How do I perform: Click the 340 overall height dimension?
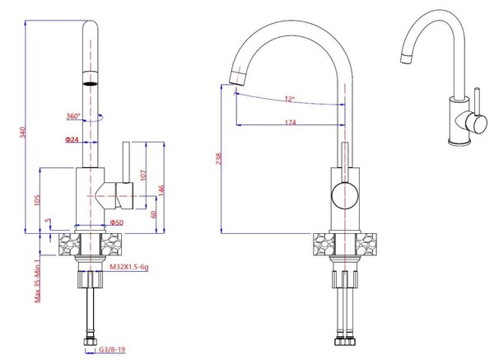[x=22, y=132]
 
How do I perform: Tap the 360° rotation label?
[x=73, y=116]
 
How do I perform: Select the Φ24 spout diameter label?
[x=72, y=139]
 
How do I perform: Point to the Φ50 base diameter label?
[x=117, y=222]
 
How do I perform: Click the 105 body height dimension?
[x=37, y=200]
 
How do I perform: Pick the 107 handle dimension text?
[x=143, y=175]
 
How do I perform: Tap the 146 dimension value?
[x=161, y=191]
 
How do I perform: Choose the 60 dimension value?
[x=153, y=214]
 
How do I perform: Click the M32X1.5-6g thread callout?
[x=129, y=267]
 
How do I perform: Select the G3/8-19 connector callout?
[x=112, y=349]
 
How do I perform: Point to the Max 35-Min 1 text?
[x=37, y=281]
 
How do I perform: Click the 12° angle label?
[x=290, y=99]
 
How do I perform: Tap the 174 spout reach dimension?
[x=291, y=122]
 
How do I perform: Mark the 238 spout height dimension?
[x=219, y=159]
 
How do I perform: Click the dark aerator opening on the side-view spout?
[x=90, y=83]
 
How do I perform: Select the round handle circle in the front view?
[x=345, y=195]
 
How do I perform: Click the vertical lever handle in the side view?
[x=126, y=162]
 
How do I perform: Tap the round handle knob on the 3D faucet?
[x=476, y=123]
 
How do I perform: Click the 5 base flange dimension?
[x=48, y=221]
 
